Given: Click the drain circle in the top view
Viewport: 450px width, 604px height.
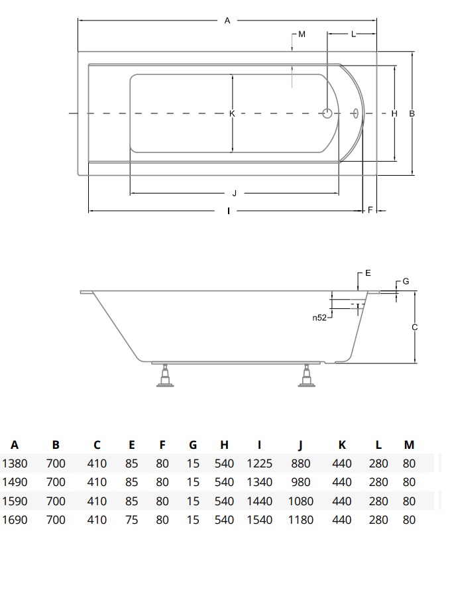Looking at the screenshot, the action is coord(327,113).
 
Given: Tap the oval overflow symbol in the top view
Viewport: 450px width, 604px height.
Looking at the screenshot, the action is coord(356,113).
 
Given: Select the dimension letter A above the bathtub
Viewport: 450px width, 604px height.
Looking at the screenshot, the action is coord(227,21).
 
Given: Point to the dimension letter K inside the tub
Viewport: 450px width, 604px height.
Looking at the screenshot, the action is coord(232,113).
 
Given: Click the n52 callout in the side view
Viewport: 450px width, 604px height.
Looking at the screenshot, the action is coord(319,318).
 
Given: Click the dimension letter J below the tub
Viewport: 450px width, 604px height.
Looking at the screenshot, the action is coord(235,193).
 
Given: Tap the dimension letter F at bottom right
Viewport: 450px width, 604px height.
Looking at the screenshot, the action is coord(370,210).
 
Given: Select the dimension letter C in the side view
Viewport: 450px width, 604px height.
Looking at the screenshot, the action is coord(415,328).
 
